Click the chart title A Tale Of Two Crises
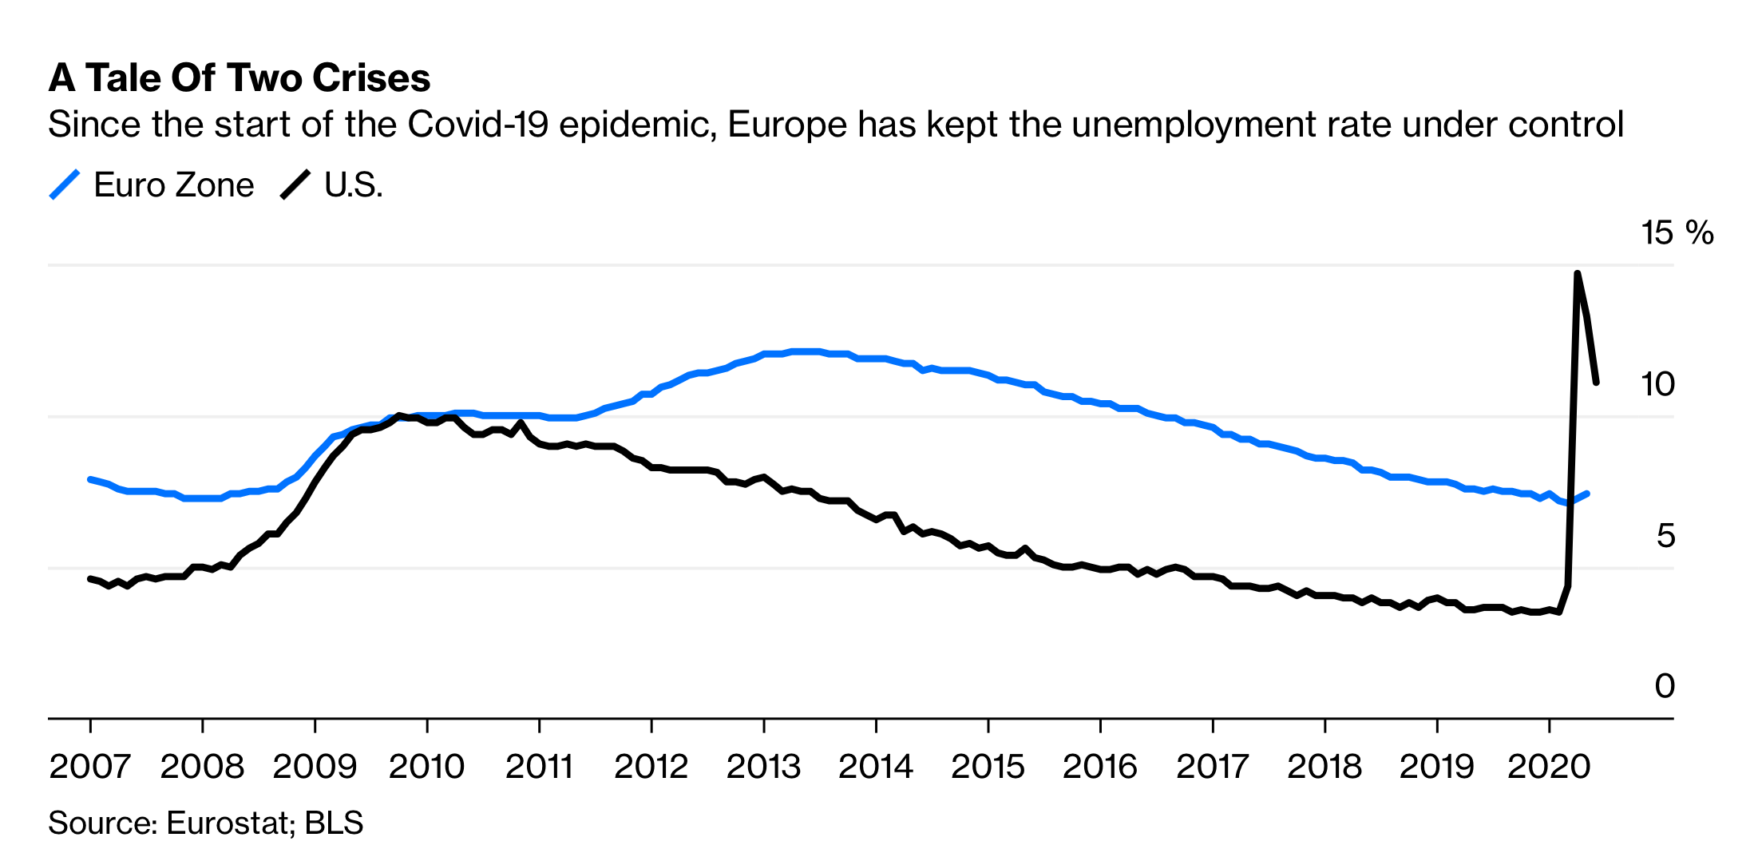(x=240, y=78)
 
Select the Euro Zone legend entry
(x=152, y=185)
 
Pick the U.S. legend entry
(x=334, y=185)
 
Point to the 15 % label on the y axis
(x=1677, y=233)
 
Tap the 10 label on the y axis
(x=1657, y=385)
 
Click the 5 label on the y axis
(x=1665, y=536)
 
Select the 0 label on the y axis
(x=1665, y=686)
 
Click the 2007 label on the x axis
(x=89, y=767)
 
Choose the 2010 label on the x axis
(x=426, y=767)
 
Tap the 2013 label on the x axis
(x=763, y=767)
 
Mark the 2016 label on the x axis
(x=1099, y=767)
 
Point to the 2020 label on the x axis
(x=1549, y=767)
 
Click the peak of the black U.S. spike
(x=1578, y=273)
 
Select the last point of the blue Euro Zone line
(x=1587, y=494)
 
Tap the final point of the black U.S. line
(x=1597, y=383)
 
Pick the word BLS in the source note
(x=334, y=823)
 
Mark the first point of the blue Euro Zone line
(x=89, y=479)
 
